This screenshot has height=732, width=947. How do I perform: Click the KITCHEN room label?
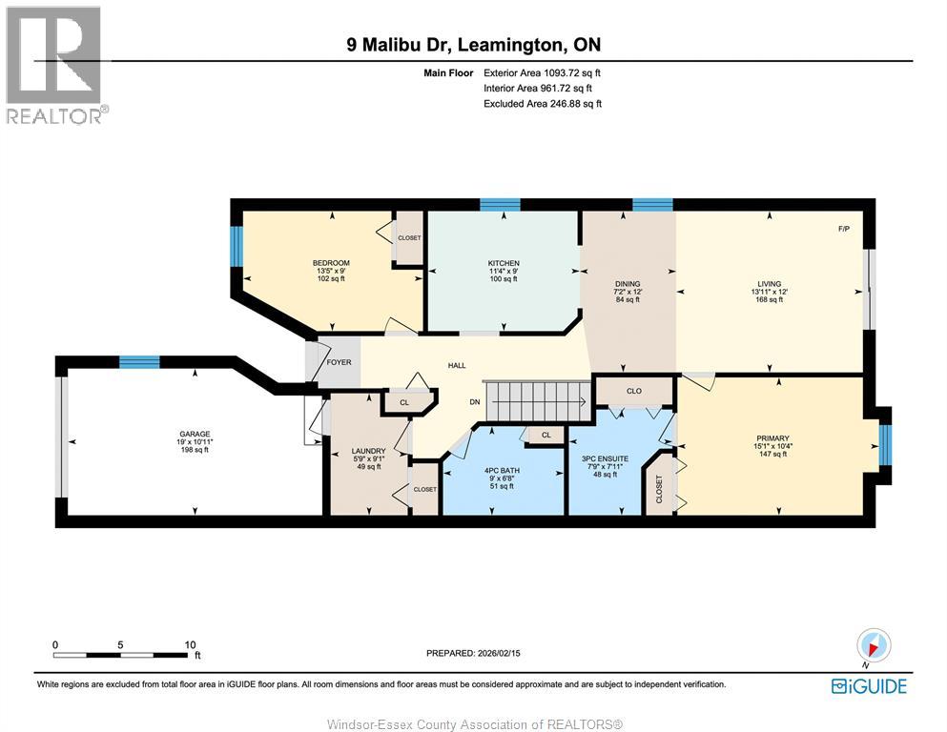504,263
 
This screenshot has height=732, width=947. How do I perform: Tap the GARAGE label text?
195,434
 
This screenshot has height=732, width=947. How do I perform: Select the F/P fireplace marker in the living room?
844,229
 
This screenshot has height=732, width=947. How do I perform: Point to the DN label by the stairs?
475,402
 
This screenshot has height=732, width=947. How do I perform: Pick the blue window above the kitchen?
500,205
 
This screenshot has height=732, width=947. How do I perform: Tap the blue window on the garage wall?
139,362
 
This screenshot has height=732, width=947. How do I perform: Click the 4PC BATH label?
502,471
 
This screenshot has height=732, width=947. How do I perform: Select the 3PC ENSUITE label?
606,458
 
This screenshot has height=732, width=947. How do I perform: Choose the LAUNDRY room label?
368,451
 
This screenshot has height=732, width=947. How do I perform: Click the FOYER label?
339,362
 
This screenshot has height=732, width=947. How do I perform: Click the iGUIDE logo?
869,687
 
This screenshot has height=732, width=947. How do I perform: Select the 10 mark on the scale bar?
190,644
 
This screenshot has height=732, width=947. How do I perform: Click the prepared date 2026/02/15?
499,653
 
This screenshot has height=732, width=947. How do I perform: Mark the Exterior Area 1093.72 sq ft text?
542,73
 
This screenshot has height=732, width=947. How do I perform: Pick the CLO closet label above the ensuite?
634,391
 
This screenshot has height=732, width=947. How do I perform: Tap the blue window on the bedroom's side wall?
237,246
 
